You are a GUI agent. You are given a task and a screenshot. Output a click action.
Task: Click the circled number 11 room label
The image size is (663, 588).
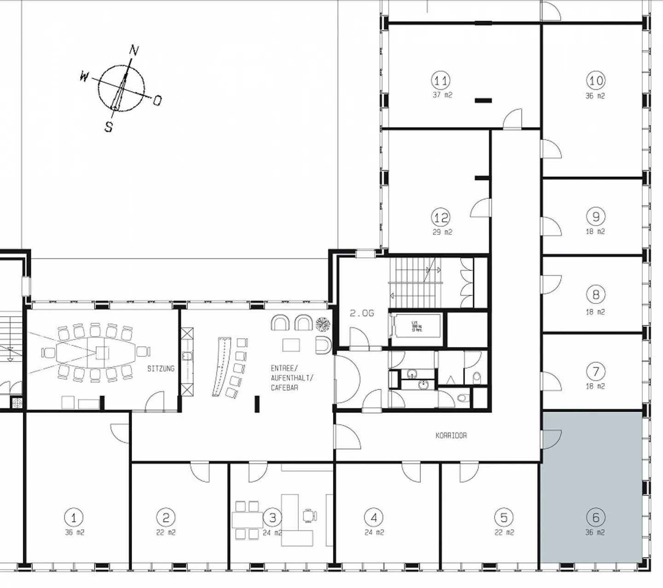441,81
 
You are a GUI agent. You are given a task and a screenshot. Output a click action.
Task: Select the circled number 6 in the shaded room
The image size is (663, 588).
595,518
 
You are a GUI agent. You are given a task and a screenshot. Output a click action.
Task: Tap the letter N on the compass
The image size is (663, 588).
134,50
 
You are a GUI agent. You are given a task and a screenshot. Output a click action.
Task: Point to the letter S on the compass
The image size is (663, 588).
109,127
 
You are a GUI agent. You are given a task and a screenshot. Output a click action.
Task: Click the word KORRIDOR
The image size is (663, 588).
451,435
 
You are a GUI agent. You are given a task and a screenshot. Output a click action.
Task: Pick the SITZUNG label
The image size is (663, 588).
161,369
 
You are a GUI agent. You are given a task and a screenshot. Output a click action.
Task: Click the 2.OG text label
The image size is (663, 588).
361,314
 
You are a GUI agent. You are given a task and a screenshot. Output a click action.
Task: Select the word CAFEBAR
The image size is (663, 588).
284,388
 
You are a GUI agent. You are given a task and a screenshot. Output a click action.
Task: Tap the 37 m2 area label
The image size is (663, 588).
442,95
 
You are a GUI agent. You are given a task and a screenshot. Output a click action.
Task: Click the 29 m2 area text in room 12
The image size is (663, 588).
442,232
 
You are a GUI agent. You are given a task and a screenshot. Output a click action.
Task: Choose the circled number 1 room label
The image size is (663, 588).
74,518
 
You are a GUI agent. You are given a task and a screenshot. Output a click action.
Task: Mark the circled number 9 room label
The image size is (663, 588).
595,216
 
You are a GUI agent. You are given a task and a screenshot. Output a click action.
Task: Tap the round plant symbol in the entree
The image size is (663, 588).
323,324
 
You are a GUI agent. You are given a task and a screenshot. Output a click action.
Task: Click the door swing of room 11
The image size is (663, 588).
512,119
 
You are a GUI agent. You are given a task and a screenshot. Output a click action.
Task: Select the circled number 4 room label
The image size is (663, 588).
373,518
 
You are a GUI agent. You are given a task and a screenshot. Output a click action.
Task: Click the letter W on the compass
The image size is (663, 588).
84,76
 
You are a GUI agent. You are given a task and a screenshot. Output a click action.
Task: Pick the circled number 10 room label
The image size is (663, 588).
595,81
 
